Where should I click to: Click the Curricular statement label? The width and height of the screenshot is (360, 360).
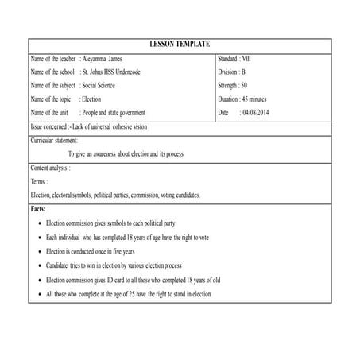click(x=54, y=140)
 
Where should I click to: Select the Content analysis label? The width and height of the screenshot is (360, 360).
click(x=50, y=168)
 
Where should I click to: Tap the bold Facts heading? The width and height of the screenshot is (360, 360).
click(x=38, y=208)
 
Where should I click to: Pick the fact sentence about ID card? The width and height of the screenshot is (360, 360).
click(x=133, y=280)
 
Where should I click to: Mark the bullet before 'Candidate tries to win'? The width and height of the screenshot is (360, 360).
click(x=41, y=265)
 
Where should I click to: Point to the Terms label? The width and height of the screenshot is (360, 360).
click(x=39, y=182)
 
